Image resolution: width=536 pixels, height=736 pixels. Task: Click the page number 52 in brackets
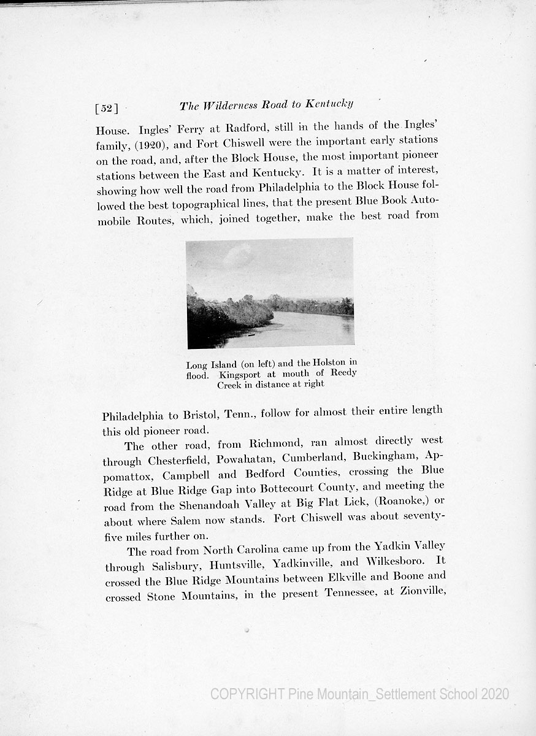[106, 109]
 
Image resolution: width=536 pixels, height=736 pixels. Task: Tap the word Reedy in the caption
[343, 373]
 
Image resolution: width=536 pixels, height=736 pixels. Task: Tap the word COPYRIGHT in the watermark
[247, 694]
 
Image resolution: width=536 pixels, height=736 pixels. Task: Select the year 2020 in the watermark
[495, 694]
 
